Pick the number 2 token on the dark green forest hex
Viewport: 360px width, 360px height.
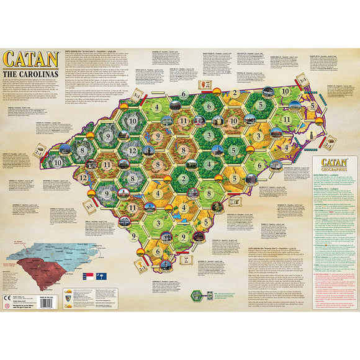pyautogui.click(x=184, y=180)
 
